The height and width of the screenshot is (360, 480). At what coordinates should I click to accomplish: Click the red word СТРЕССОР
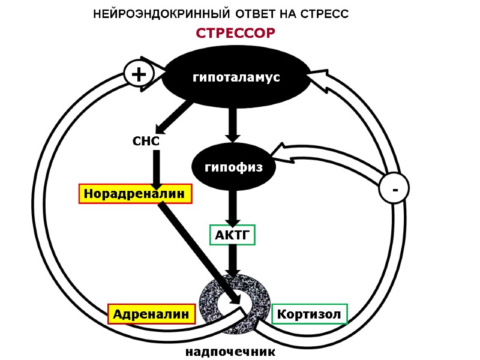tap(235, 33)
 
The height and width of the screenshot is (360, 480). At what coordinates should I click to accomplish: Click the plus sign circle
tap(139, 74)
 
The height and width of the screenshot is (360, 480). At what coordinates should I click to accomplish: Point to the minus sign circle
tap(394, 190)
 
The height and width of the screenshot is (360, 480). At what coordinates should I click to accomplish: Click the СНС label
tap(146, 142)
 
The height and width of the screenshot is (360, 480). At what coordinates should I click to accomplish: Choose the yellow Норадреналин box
tap(136, 194)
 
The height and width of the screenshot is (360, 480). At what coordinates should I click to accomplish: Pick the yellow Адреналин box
tap(152, 314)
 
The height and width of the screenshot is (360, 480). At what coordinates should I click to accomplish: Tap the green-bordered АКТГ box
tap(232, 235)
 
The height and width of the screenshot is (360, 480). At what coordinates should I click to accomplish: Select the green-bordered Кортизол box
tap(310, 314)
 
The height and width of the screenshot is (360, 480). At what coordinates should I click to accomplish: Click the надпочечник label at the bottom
tap(230, 352)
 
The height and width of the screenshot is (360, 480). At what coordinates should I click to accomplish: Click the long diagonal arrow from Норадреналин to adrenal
tap(198, 246)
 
